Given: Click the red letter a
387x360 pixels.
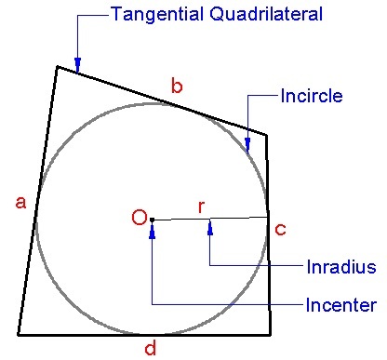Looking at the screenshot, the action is tap(20, 203).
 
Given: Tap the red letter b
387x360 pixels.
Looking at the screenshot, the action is tap(177, 87).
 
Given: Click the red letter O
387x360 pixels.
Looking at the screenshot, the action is tap(139, 219).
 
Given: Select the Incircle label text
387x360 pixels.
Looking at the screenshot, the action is tap(311, 96).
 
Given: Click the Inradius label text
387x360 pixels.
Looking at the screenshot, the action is tap(340, 267).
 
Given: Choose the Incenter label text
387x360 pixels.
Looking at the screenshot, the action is tap(340, 305).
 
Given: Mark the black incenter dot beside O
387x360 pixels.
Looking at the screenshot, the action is tap(152, 220).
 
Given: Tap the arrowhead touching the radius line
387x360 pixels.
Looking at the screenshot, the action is tap(210, 224).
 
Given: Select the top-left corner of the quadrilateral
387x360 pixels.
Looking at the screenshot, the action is tap(58, 66).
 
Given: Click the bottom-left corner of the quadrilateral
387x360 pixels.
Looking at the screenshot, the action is tap(18, 334).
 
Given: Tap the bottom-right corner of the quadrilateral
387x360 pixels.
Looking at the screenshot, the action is tap(270, 334).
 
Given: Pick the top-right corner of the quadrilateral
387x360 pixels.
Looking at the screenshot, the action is tap(267, 136).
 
